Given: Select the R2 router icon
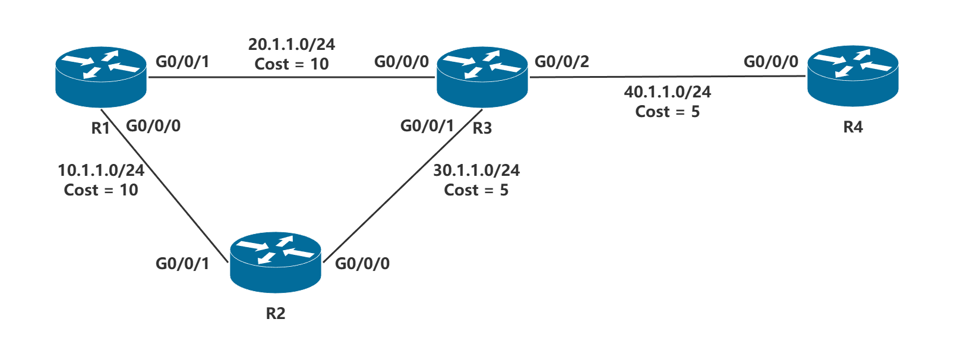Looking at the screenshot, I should (276, 264).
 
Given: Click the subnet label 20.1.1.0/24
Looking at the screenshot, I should (291, 45).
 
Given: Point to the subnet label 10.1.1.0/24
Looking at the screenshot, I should (101, 170).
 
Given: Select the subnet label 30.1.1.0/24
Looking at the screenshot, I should (476, 170).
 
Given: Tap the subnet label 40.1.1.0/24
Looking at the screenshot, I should (667, 92).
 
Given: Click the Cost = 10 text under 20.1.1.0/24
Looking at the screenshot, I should (291, 64).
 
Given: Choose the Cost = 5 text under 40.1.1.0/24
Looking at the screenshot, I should (667, 112).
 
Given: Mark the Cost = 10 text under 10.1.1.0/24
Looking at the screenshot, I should (101, 190).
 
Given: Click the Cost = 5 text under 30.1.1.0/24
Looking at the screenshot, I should (476, 190).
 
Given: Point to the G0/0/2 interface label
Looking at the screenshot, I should (562, 62).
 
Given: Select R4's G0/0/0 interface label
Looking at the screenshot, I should (770, 62).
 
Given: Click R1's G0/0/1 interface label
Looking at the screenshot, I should (182, 62).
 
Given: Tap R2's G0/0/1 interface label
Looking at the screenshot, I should (182, 264).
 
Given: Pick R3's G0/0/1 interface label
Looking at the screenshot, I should (427, 126).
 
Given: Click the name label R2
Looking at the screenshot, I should (276, 313).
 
